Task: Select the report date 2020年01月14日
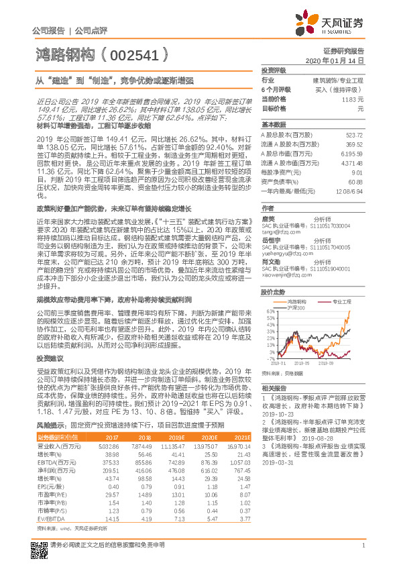(341, 60)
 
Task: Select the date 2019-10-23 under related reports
(276, 414)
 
